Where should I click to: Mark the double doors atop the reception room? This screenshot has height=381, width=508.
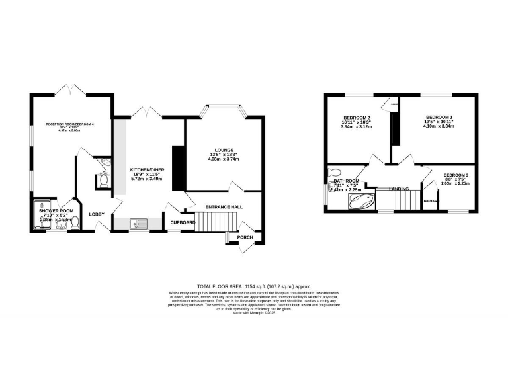pyautogui.click(x=71, y=90)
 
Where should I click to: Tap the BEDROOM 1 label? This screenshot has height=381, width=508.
pyautogui.click(x=438, y=116)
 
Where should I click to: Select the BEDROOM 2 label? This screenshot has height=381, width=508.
pyautogui.click(x=356, y=116)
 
